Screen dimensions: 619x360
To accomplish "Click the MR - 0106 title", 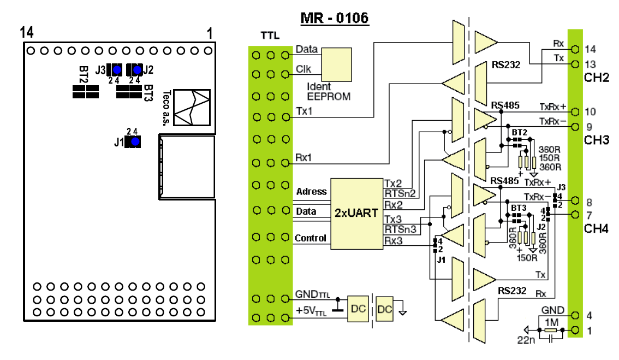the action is click(x=335, y=18).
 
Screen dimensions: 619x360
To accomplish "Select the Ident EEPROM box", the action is click(x=336, y=65).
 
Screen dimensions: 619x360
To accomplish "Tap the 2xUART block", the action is click(x=356, y=214).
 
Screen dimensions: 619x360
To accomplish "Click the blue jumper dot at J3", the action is click(x=117, y=70).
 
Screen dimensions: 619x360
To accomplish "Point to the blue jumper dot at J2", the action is click(x=137, y=70).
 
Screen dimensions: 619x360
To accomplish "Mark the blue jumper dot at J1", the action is click(x=135, y=141).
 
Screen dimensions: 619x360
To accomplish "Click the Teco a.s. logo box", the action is click(x=192, y=108).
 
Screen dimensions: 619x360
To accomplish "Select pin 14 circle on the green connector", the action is click(x=575, y=49).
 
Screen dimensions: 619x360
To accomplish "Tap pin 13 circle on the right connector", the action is click(x=575, y=64).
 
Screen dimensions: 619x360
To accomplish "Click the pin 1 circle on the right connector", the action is click(x=575, y=330).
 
